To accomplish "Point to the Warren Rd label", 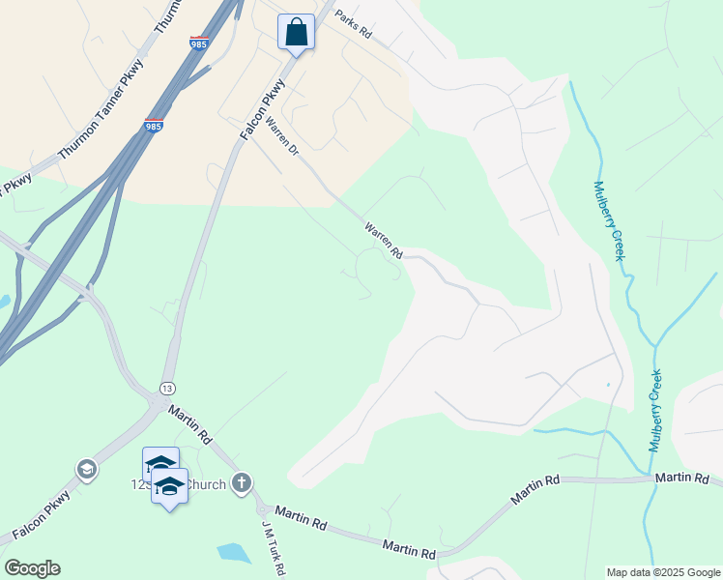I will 384,241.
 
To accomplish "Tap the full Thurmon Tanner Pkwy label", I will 100,120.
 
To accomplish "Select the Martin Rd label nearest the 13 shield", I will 190,424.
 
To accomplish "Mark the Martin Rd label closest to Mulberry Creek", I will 682,478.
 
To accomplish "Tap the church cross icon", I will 242,482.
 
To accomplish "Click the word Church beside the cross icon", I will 207,483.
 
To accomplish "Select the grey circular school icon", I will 87,470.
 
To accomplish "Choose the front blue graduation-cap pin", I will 169,486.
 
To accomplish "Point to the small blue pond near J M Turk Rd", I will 233,553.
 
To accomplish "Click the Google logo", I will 32,568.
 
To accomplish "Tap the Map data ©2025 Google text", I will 662,572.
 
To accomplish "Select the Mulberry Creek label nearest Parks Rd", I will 608,220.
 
